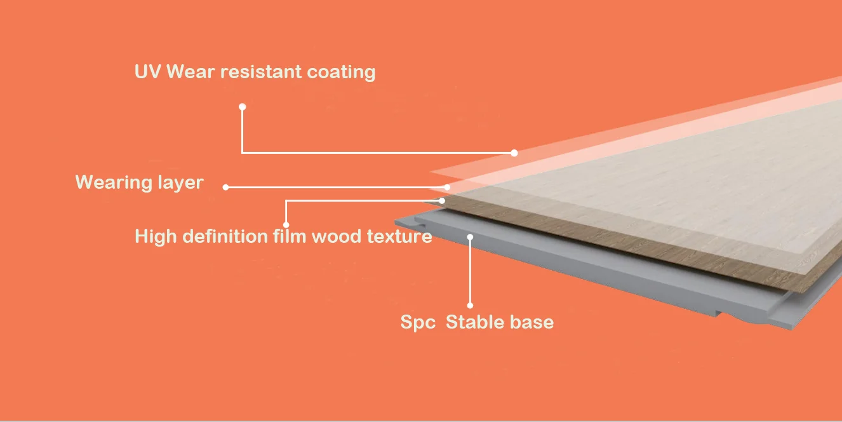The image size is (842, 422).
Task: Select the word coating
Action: [x=341, y=72]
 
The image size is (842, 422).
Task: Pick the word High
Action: [x=156, y=237]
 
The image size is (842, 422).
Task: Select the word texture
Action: [x=400, y=237]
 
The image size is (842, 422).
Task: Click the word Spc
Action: [x=417, y=322]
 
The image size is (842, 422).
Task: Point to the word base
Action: [x=532, y=322]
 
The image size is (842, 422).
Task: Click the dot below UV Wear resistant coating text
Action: [x=242, y=106]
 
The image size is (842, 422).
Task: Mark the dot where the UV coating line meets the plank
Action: [x=514, y=153]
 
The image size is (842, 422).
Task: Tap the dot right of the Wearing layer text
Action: [x=225, y=187]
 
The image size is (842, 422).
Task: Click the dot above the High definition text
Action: [x=286, y=224]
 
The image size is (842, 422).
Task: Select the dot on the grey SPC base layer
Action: [x=470, y=237]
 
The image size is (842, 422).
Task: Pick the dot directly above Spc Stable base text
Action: [x=470, y=306]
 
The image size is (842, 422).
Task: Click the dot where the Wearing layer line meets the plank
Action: [x=448, y=187]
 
